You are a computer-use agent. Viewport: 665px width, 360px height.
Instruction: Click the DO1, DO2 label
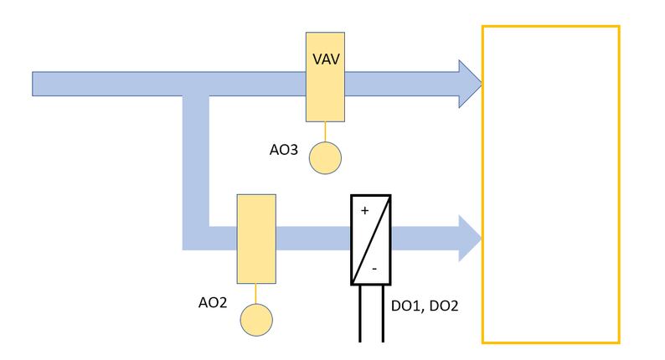(425, 306)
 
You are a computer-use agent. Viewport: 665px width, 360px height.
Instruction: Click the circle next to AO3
(326, 157)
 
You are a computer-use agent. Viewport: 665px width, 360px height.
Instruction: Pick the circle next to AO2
(256, 320)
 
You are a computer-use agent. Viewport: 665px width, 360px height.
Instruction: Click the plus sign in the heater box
(364, 211)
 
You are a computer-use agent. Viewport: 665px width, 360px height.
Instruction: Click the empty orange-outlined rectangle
(550, 184)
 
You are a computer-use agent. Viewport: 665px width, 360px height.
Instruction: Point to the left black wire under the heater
(360, 313)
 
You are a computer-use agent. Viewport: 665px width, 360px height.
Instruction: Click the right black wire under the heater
(383, 313)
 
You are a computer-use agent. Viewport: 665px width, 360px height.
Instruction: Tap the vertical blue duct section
(195, 167)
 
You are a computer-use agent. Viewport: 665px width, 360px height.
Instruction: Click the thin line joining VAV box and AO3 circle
(326, 131)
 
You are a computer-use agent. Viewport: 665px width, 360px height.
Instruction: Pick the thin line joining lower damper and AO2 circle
(256, 294)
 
